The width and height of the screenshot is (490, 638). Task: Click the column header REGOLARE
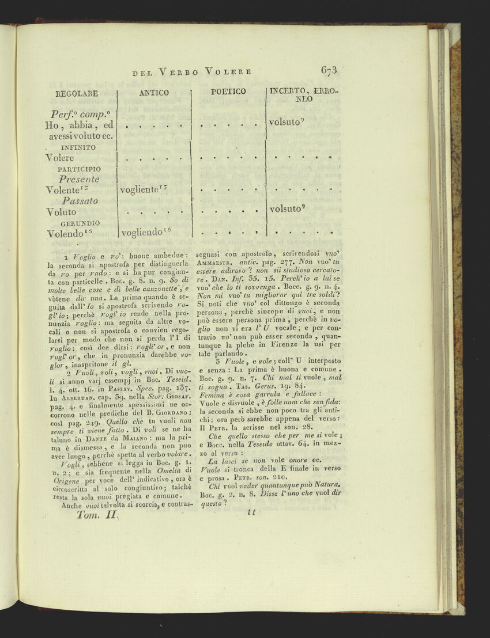point(77,93)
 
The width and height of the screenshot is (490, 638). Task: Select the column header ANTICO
point(154,93)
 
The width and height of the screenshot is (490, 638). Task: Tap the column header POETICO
point(228,92)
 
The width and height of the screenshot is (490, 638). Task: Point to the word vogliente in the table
point(141,189)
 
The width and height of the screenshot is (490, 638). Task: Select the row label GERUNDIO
point(80,223)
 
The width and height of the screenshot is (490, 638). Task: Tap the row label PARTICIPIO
point(80,169)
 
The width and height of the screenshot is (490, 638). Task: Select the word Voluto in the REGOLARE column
point(61,212)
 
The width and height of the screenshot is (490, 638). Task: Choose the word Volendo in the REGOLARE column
point(66,234)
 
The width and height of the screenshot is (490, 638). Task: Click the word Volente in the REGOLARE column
point(64,189)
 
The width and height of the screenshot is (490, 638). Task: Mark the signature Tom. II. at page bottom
point(97,516)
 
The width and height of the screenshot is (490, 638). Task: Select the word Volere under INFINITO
point(60,158)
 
